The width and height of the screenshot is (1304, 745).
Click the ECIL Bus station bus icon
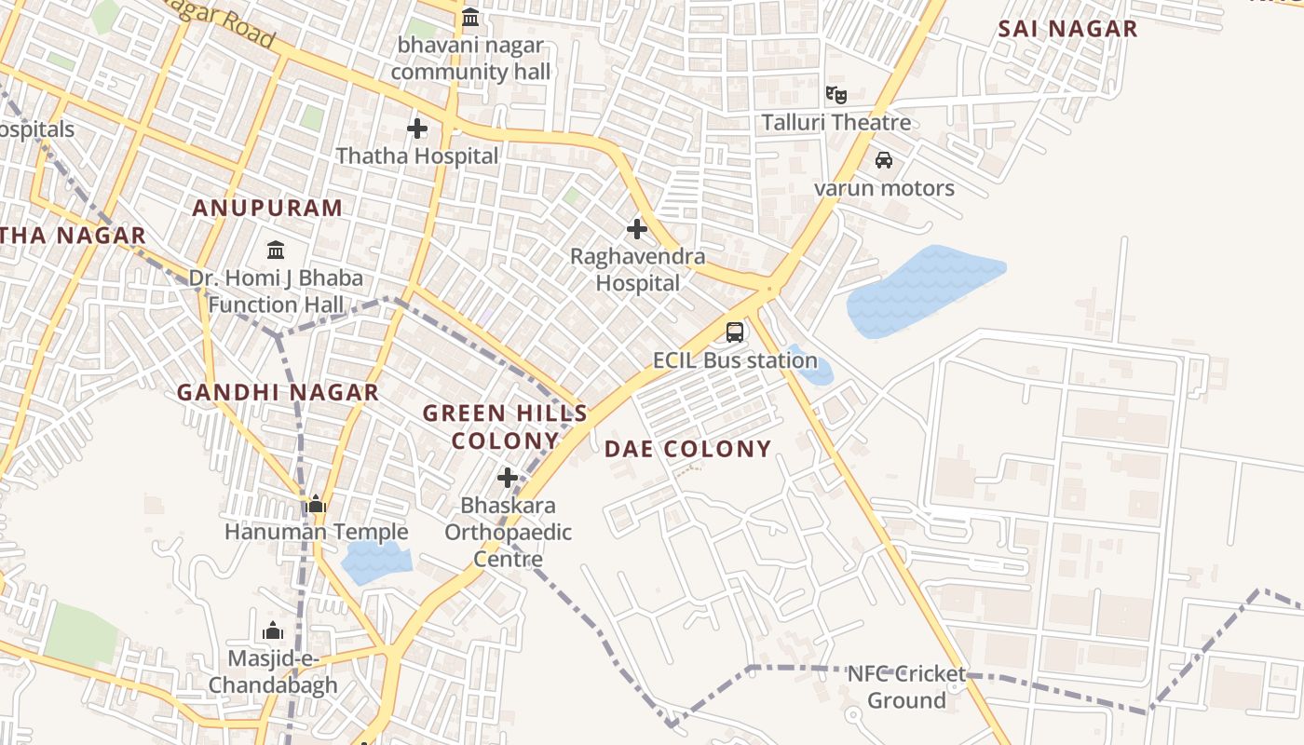pyautogui.click(x=735, y=332)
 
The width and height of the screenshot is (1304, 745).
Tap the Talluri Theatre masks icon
pyautogui.click(x=836, y=94)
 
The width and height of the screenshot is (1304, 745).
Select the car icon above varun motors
pyautogui.click(x=884, y=160)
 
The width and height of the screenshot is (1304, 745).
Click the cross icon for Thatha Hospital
pyautogui.click(x=417, y=129)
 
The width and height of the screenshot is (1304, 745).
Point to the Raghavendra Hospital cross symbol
pyautogui.click(x=637, y=228)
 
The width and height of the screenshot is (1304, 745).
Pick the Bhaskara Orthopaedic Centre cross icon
pyautogui.click(x=508, y=479)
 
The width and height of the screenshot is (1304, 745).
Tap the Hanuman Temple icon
pyautogui.click(x=316, y=505)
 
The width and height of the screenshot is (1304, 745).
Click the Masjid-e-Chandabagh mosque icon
pyautogui.click(x=273, y=631)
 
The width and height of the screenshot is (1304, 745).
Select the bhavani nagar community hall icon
pyautogui.click(x=470, y=17)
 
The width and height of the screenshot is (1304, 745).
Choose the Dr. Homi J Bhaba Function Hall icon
pyautogui.click(x=276, y=251)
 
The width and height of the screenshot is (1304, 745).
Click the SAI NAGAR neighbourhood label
pyautogui.click(x=1067, y=29)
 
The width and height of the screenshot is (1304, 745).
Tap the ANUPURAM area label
pyautogui.click(x=267, y=208)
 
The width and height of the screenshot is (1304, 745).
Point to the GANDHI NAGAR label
pyautogui.click(x=278, y=393)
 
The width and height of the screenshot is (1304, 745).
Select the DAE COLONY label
pyautogui.click(x=688, y=449)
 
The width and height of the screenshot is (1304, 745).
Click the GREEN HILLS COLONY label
pyautogui.click(x=505, y=427)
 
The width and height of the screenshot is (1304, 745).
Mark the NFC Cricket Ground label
pyautogui.click(x=906, y=686)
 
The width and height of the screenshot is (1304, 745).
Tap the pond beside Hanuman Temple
pyautogui.click(x=375, y=562)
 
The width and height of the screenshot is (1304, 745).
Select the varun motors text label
pyautogui.click(x=884, y=188)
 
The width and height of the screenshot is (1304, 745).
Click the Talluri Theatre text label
pyautogui.click(x=836, y=122)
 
